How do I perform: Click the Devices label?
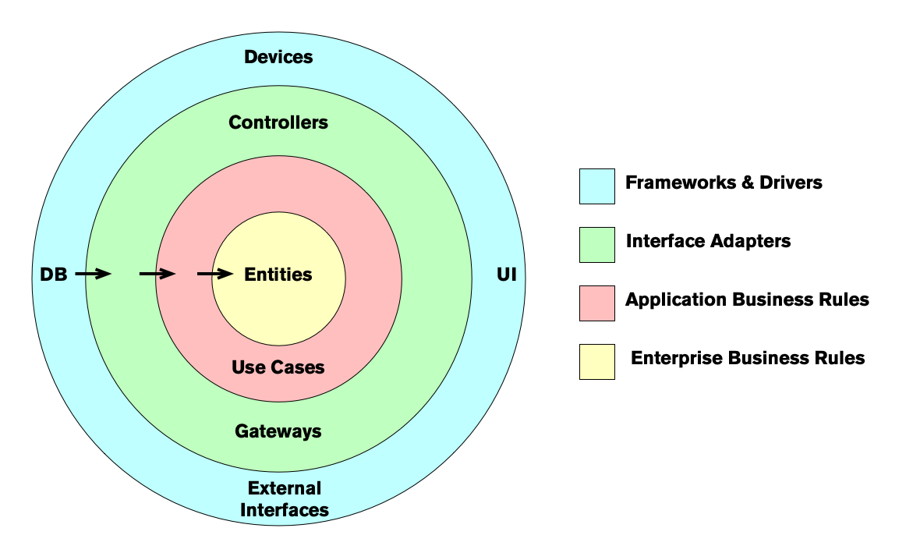278,57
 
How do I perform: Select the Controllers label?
278,122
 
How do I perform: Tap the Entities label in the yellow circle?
278,275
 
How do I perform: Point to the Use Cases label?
278,367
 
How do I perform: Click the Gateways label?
278,431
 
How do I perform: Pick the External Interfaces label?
284,499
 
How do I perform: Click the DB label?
54,275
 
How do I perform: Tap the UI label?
506,275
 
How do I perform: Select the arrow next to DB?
94,274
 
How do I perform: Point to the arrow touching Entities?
215,274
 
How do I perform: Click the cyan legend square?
596,186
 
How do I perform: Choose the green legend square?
596,245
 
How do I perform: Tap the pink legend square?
596,303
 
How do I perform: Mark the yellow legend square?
596,362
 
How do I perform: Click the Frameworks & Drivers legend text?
724,183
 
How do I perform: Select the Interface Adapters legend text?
708,241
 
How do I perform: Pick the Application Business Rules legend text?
747,299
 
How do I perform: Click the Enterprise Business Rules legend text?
748,358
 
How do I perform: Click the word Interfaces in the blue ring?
284,510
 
